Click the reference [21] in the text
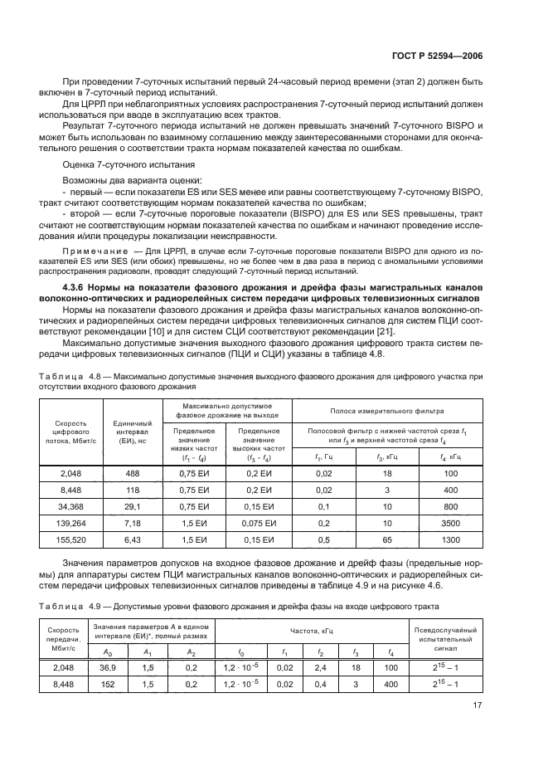coord(386,332)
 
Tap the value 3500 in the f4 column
coord(451,524)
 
